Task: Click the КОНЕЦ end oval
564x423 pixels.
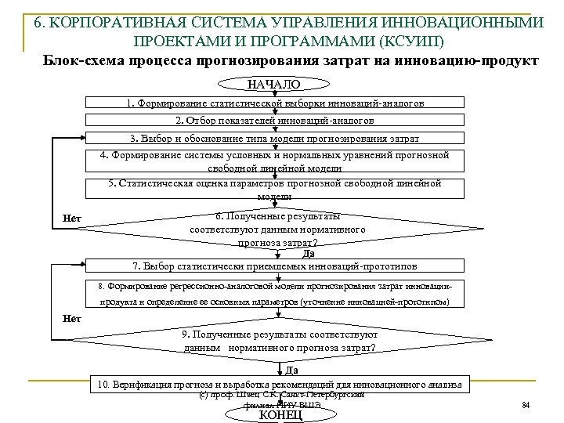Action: (x=280, y=414)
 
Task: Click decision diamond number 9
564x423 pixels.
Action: (x=280, y=341)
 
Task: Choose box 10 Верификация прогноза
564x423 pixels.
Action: (x=280, y=384)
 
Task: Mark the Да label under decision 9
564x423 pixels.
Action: (x=290, y=369)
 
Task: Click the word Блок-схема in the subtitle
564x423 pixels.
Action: (x=82, y=60)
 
